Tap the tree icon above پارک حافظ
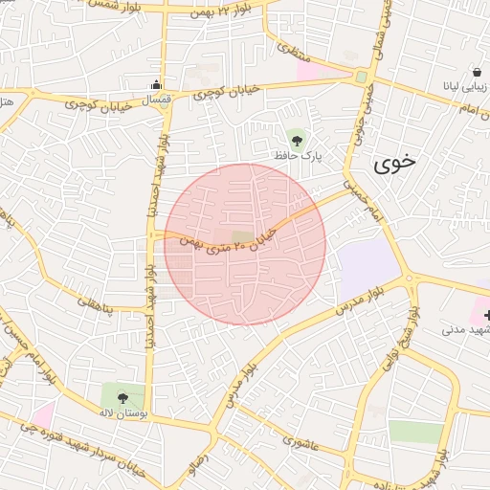click(296, 139)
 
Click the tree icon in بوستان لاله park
click(122, 397)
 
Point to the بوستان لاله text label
click(122, 413)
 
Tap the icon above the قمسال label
click(156, 84)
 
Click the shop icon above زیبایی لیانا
click(477, 73)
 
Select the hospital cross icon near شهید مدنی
click(485, 315)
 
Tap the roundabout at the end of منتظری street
click(361, 77)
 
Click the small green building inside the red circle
click(243, 236)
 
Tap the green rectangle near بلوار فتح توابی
click(416, 432)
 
